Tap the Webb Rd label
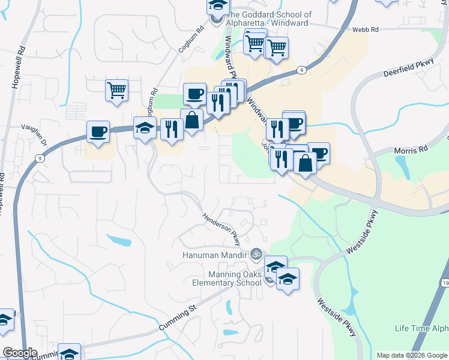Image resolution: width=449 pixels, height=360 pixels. tap(366, 29)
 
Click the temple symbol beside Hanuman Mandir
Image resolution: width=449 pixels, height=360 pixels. tap(256, 254)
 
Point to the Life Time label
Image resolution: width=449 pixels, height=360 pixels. tap(421, 328)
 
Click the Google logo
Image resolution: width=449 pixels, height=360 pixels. tap(19, 353)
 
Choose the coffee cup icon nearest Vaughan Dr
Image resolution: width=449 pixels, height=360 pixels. tap(98, 131)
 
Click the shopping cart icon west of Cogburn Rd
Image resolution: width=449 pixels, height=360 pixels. tap(116, 90)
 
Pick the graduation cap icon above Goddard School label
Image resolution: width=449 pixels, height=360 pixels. tap(218, 6)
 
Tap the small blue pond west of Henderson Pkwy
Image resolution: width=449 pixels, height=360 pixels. tap(119, 241)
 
